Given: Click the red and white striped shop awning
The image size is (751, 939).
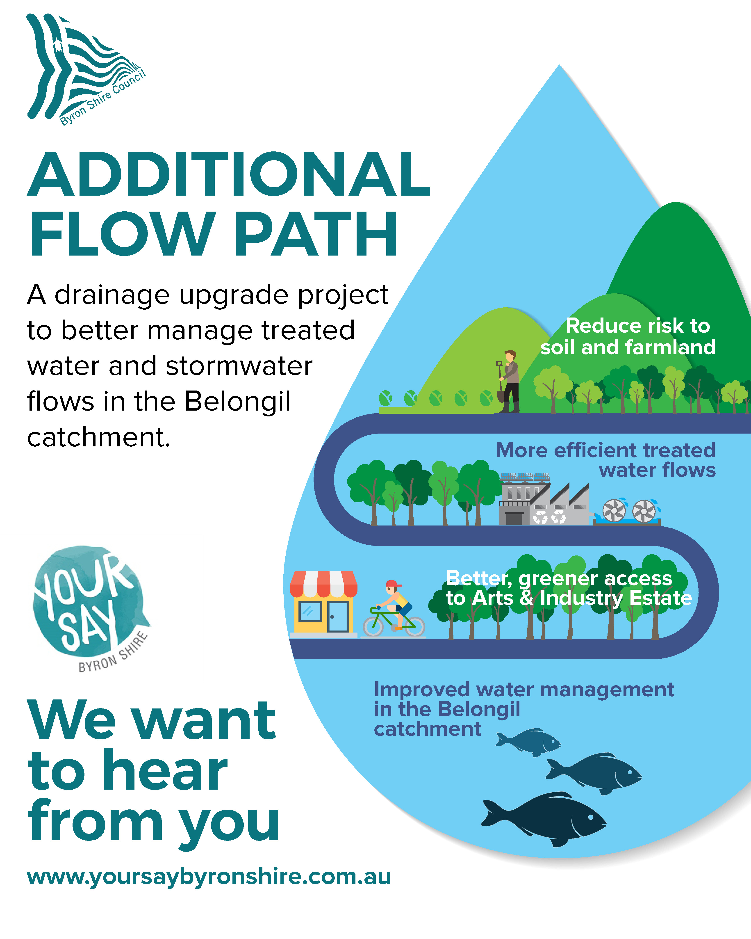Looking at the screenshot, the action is pos(323,584).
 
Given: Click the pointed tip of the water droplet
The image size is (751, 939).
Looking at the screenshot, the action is pos(559,65).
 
